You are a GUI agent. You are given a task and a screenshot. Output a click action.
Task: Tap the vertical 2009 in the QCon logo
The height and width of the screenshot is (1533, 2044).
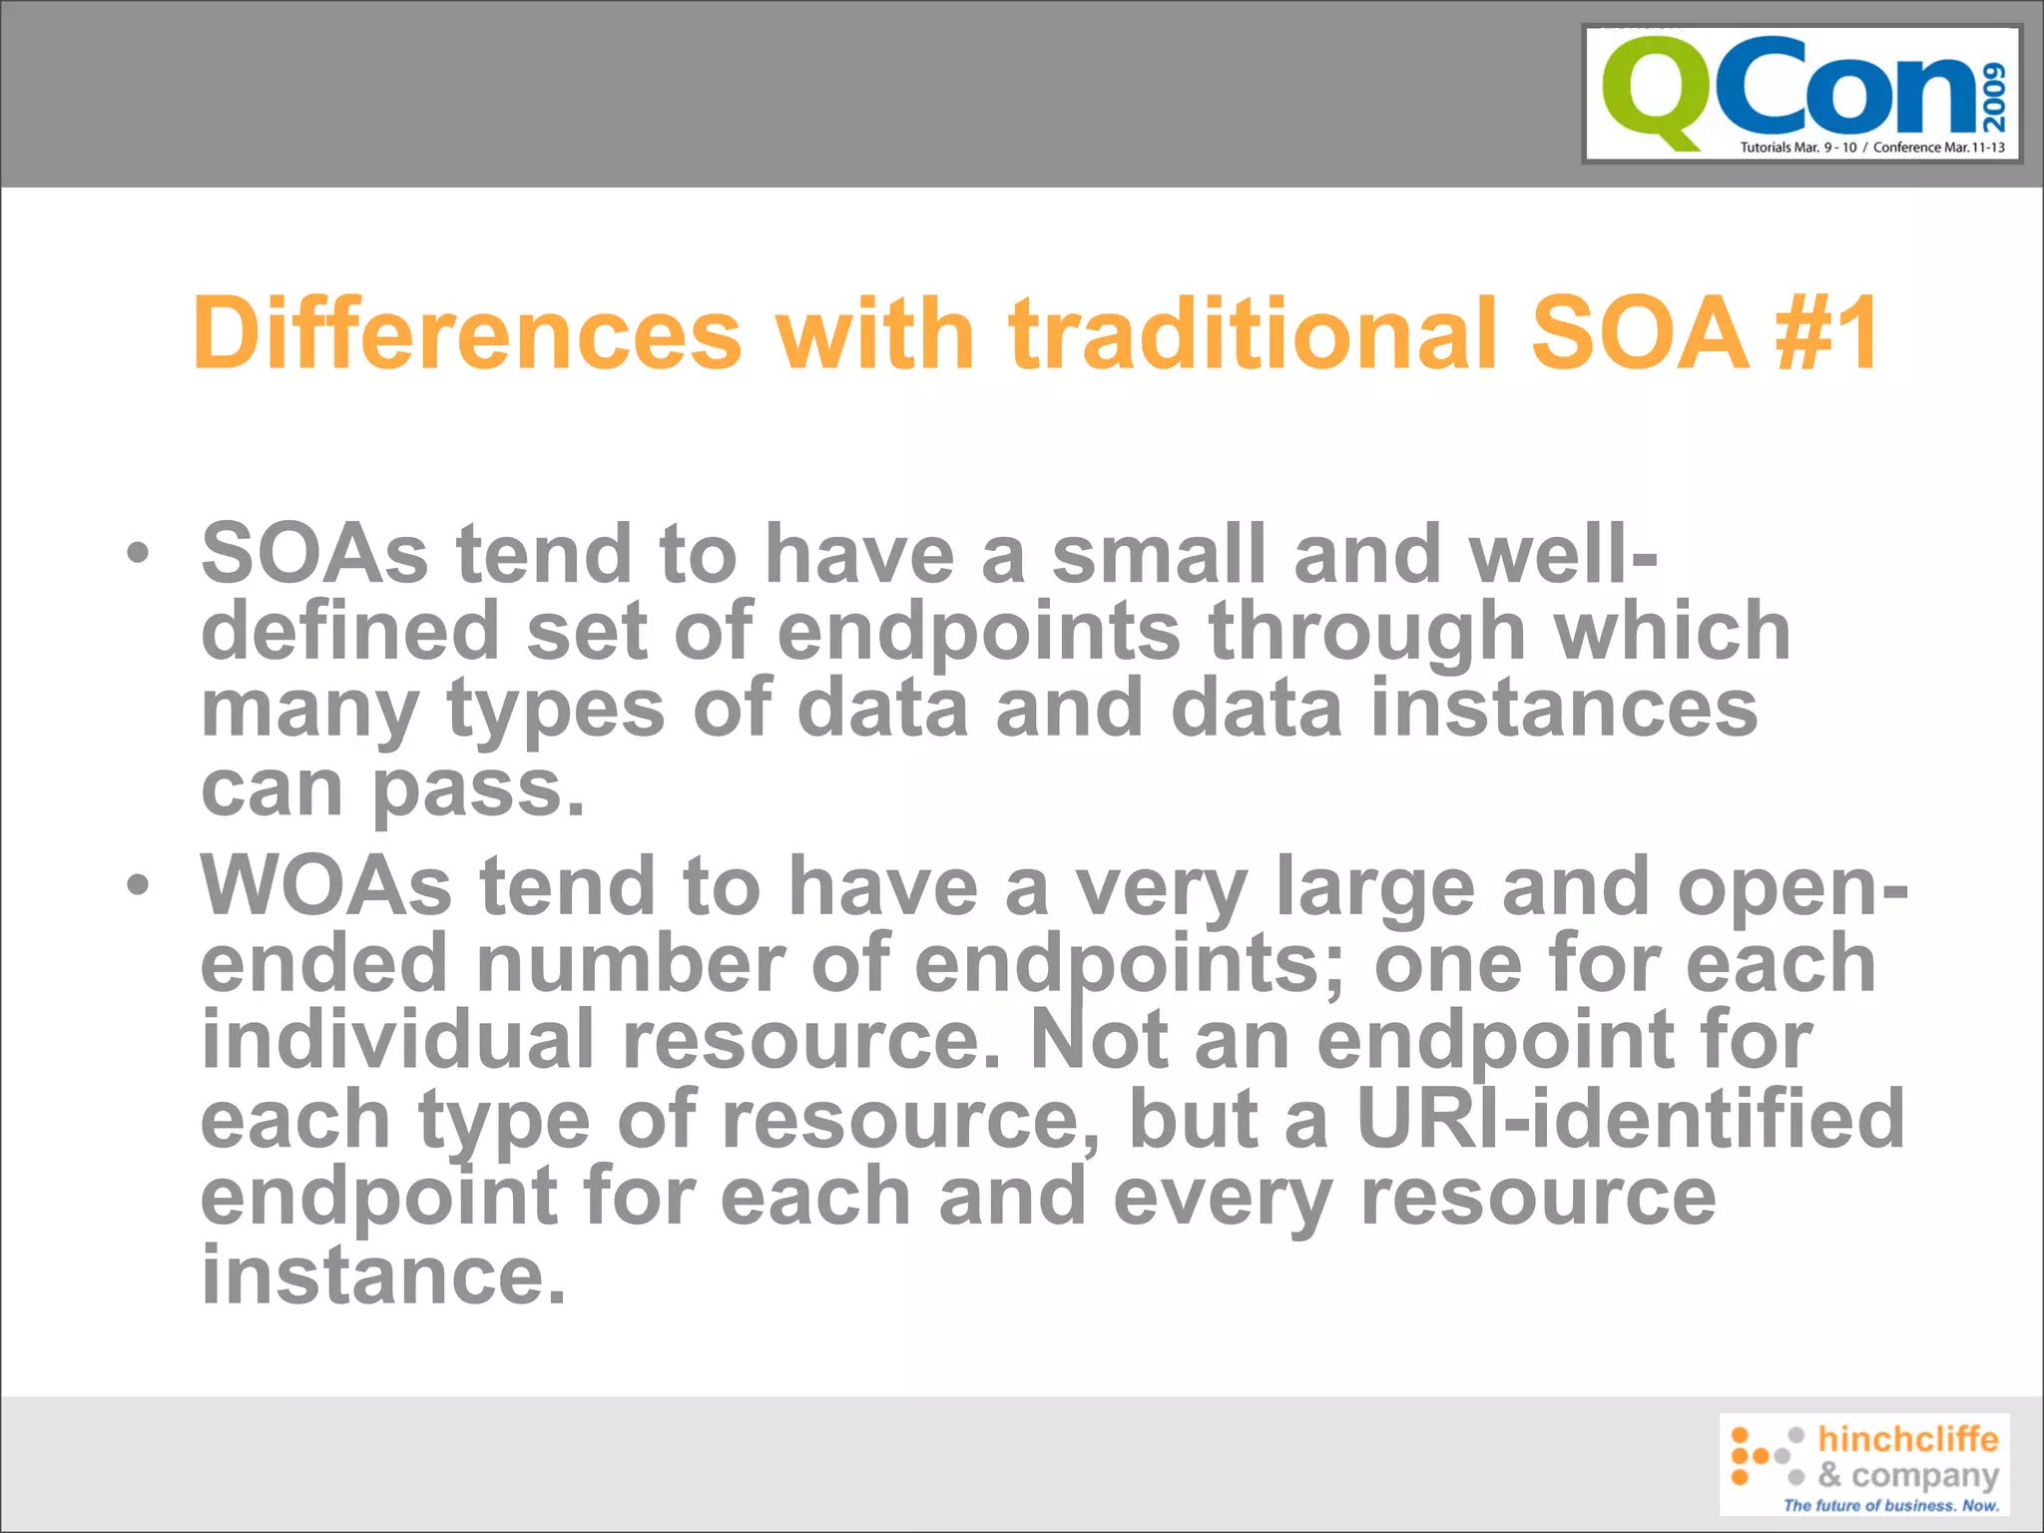(x=1993, y=97)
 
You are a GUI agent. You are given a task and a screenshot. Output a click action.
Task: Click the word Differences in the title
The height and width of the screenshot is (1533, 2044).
(x=467, y=333)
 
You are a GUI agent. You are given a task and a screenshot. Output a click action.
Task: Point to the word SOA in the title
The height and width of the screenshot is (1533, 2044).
(x=1639, y=333)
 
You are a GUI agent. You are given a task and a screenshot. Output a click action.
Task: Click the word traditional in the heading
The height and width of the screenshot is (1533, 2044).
(x=1254, y=333)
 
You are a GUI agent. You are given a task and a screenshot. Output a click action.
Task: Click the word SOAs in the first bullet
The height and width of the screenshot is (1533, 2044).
(x=314, y=554)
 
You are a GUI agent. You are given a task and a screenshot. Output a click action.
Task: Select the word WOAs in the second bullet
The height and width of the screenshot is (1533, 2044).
(x=326, y=885)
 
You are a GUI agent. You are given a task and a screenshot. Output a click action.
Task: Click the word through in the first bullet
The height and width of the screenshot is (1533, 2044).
(x=1366, y=633)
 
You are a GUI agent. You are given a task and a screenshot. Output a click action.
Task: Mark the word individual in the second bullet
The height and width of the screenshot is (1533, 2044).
(x=398, y=1040)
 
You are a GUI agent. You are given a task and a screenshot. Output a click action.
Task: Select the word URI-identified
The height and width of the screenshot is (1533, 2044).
(x=1631, y=1119)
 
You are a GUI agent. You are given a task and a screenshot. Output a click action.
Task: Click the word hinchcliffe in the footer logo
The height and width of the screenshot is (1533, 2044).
(x=1907, y=1438)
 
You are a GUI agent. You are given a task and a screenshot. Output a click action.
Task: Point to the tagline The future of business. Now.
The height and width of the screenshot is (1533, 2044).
(x=1890, y=1505)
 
